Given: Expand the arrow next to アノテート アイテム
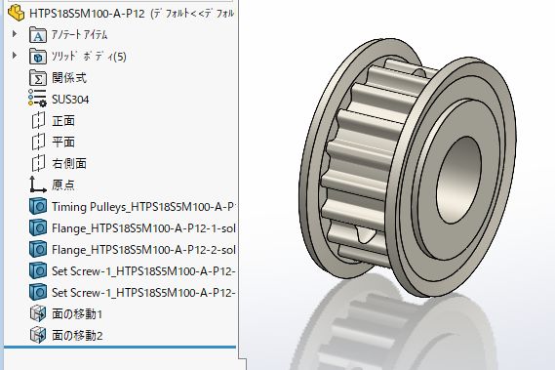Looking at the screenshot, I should [15, 34].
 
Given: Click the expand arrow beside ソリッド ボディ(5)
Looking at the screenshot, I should [15, 56].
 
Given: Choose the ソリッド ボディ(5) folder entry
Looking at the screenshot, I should [89, 56].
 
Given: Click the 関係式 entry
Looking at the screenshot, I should [69, 77].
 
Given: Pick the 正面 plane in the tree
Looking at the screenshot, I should [63, 120].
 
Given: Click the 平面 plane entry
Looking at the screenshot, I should [63, 142].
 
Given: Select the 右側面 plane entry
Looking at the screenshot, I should [69, 163].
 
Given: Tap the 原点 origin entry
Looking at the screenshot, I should [63, 185].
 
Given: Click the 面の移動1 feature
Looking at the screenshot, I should [77, 313].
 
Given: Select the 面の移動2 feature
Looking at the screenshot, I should [77, 335].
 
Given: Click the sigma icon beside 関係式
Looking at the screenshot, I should [38, 77].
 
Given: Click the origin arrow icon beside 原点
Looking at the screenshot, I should [38, 185].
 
